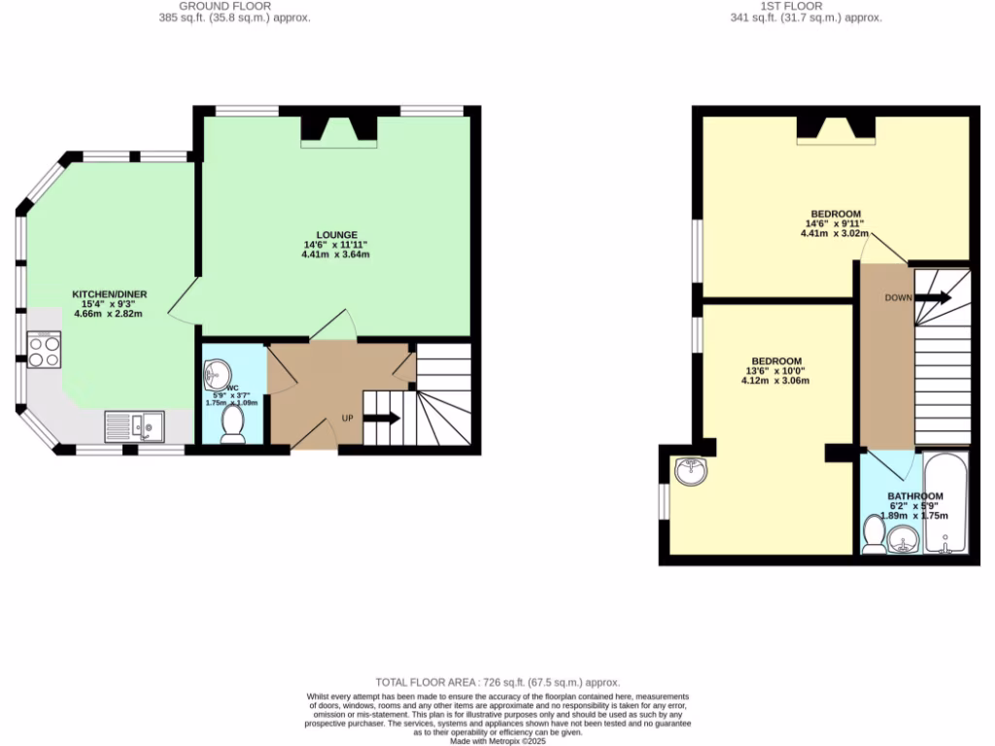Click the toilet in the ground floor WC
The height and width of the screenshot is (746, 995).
(x=233, y=424)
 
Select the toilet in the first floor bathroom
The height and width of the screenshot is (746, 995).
(x=873, y=533)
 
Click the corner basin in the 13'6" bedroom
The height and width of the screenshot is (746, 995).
(x=692, y=471)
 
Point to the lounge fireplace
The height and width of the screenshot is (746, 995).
(x=338, y=130)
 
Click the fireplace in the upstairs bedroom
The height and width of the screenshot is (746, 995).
(x=836, y=129)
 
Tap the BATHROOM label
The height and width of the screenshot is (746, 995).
(x=915, y=497)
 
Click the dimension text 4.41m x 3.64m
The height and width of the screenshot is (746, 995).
(x=336, y=254)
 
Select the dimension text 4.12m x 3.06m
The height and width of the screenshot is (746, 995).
(x=775, y=381)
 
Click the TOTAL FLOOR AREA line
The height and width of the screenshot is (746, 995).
(x=497, y=683)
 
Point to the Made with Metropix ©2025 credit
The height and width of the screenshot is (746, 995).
(x=497, y=741)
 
